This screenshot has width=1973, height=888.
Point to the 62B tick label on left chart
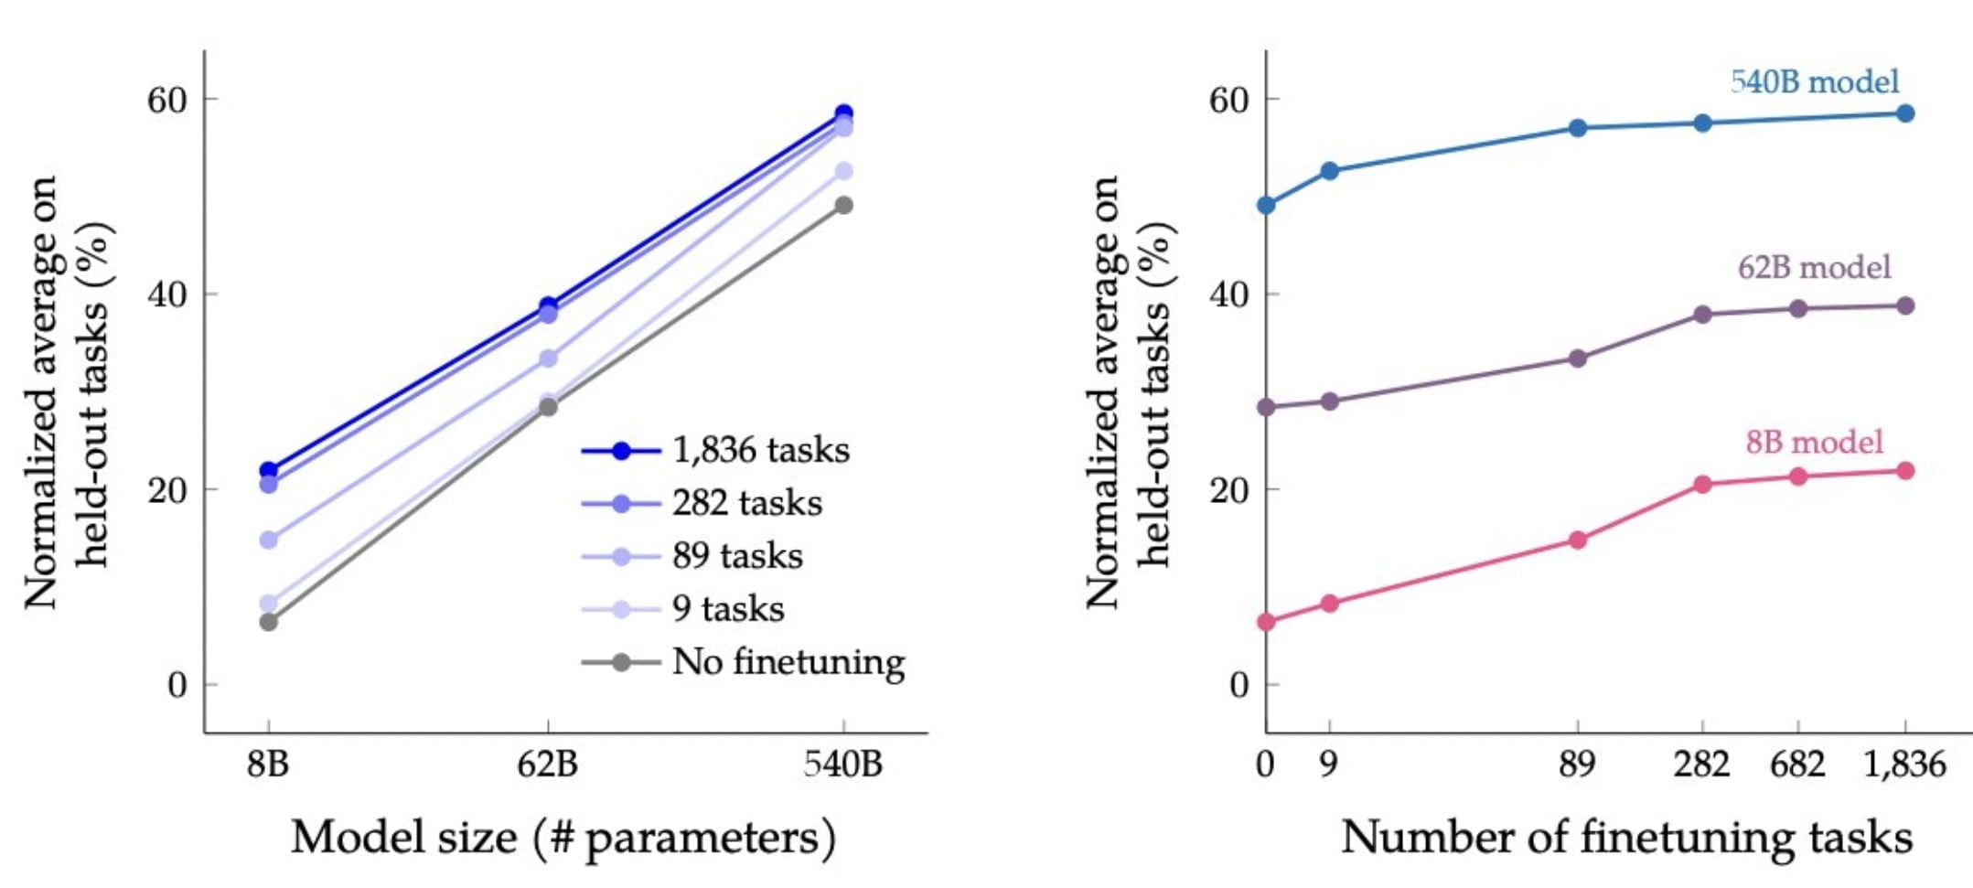pos(547,763)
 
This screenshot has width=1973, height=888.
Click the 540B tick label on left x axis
pos(842,763)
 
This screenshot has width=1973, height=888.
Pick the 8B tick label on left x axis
pos(268,763)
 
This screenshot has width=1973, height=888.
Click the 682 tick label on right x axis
pos(1797,763)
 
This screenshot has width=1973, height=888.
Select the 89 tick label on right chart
pos(1577,763)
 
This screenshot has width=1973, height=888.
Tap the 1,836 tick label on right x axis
pos(1904,763)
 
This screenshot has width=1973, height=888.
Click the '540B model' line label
pos(1814,82)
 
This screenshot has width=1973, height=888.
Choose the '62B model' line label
pos(1814,267)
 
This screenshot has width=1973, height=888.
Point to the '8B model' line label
pos(1814,443)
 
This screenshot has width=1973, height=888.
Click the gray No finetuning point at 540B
pos(843,205)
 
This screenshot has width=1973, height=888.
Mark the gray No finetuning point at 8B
pos(268,622)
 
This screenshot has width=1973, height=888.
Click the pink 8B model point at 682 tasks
pos(1798,476)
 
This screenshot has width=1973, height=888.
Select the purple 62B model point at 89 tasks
pos(1578,358)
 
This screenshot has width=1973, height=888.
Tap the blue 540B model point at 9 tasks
pos(1330,171)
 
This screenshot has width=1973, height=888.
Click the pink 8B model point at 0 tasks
pos(1267,622)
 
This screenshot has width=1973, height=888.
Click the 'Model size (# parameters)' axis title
pos(563,837)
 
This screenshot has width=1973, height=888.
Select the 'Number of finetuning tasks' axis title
pos(1626,837)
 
